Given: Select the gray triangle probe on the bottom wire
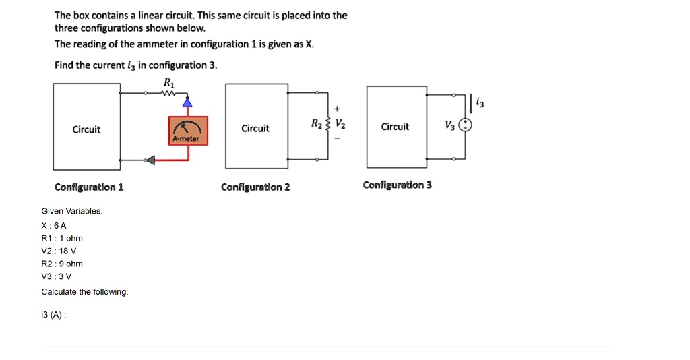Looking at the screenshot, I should click(150, 160).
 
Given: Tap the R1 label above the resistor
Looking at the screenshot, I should click(168, 82).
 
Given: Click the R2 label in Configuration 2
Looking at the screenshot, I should click(316, 123).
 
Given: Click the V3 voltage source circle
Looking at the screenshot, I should click(466, 126).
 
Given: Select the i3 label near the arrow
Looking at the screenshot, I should click(479, 102).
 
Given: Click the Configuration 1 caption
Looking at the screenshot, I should click(89, 187).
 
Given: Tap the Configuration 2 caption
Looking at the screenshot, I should click(255, 187).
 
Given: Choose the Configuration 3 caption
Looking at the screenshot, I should click(398, 185).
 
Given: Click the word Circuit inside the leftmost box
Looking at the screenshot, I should click(86, 129).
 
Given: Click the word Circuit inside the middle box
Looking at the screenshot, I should click(255, 129).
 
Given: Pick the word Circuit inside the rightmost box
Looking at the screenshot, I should click(395, 127).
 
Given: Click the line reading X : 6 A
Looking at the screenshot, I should click(54, 225).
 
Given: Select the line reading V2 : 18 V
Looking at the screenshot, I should click(59, 251).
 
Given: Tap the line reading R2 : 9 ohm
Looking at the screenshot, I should click(62, 264).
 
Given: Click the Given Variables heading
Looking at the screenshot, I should click(72, 211).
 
